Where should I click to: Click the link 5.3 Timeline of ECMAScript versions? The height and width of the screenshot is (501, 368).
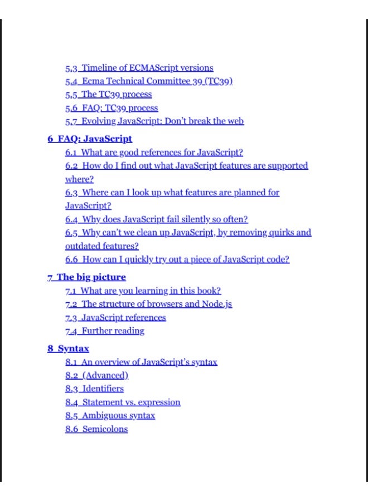coord(139,68)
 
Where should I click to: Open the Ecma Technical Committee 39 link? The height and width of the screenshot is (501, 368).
coord(148,81)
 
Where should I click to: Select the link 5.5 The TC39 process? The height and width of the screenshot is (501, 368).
coord(108,95)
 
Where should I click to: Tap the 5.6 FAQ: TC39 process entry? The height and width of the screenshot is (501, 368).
coord(112,108)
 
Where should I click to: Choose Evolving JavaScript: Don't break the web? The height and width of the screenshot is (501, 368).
coord(154,121)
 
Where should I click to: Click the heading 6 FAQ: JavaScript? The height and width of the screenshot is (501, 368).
coord(90,139)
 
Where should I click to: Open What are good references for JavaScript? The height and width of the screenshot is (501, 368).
coord(154,153)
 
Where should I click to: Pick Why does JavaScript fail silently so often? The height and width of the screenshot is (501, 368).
coord(156,219)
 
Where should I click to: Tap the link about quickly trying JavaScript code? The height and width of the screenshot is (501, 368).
coord(177,259)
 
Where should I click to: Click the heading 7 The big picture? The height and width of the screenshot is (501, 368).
coord(86,277)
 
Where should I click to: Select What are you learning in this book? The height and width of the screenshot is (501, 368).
coord(143,291)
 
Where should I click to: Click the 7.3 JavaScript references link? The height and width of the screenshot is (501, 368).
coord(115,318)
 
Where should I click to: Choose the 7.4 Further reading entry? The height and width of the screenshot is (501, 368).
coord(104,331)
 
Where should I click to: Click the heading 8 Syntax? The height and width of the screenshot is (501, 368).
coord(68,349)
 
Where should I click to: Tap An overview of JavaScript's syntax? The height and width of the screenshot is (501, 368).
coord(141,362)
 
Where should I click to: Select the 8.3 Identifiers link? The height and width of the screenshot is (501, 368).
coord(94,389)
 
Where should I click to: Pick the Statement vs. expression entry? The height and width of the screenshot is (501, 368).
coord(123,402)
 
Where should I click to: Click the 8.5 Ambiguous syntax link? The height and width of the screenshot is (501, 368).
coord(110,416)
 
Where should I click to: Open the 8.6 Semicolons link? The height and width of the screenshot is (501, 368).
coord(96,429)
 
